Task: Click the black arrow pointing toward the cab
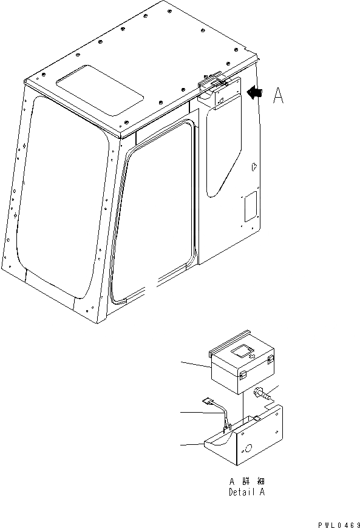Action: point(255,92)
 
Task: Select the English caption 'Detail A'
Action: point(246,492)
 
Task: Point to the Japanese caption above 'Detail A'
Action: point(246,482)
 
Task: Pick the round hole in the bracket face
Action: point(248,449)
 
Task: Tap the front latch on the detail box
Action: point(243,376)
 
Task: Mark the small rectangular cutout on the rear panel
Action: point(249,207)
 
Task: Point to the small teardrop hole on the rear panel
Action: point(254,164)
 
